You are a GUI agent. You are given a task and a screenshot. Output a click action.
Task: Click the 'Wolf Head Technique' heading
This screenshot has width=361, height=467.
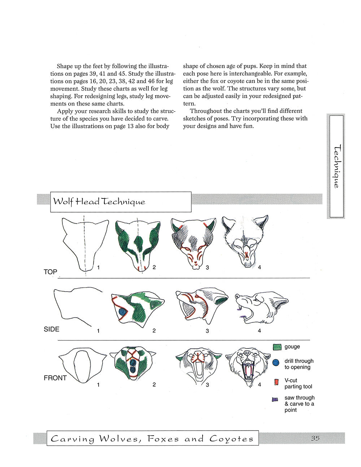tap(99, 201)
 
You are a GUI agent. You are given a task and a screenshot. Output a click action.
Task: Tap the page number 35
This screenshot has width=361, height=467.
tap(315, 438)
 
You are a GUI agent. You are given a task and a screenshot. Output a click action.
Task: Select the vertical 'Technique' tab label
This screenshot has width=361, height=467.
tap(336, 166)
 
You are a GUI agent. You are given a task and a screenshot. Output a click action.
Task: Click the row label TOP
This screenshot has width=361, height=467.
tap(51, 272)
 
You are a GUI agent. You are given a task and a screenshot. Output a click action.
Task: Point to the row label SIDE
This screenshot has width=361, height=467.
tap(52, 329)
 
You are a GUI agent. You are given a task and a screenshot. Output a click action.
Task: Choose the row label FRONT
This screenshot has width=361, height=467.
tap(55, 378)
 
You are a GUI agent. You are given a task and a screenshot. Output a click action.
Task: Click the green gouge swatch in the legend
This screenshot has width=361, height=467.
tap(277, 347)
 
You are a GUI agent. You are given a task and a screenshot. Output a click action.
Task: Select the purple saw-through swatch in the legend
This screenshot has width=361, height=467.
tap(275, 400)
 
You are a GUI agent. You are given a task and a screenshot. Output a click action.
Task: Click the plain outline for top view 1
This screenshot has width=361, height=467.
tap(84, 244)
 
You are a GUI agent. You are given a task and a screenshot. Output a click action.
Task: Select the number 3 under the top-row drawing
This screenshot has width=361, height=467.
tap(208, 268)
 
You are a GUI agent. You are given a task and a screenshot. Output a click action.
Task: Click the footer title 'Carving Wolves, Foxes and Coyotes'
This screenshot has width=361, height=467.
tap(152, 439)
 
